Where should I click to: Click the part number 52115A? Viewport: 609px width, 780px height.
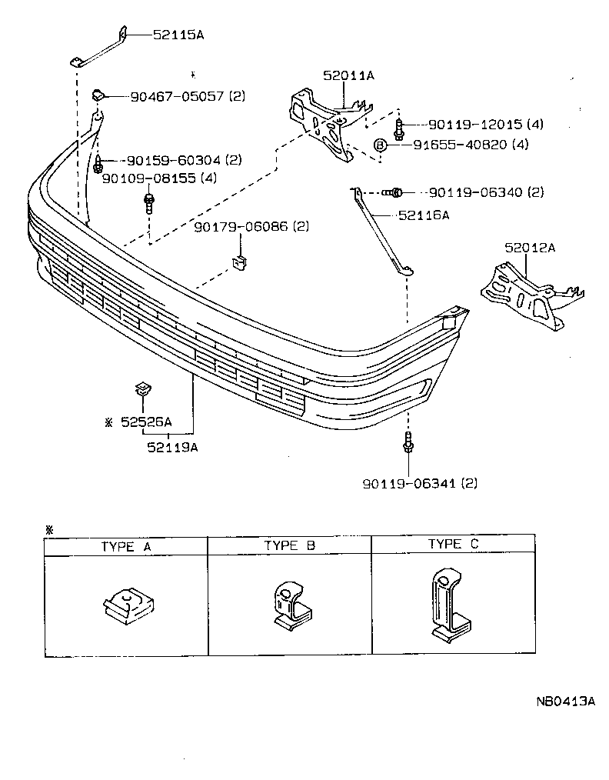[178, 35]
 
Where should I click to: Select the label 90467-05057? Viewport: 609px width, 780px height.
[176, 96]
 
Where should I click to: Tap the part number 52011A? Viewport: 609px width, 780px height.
[348, 75]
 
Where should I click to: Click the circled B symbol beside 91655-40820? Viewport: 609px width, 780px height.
[379, 144]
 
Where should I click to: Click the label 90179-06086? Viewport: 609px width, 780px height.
[240, 227]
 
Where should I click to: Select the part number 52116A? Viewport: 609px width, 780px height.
[423, 215]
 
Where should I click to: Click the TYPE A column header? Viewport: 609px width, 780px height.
[126, 546]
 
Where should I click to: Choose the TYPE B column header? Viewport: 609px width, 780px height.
[290, 545]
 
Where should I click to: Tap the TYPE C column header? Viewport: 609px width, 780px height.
[453, 544]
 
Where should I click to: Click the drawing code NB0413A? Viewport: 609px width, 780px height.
[566, 701]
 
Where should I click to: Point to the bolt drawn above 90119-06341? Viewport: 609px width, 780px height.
[407, 442]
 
